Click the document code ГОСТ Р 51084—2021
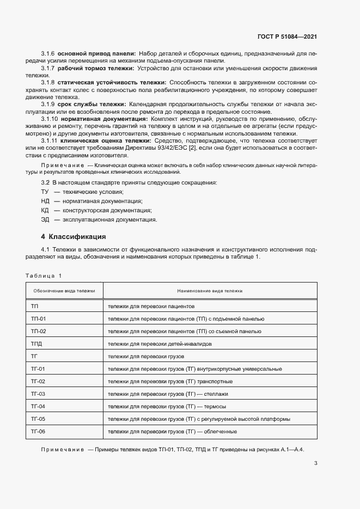click(287, 37)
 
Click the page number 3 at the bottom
click(316, 464)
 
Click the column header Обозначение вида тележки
click(64, 291)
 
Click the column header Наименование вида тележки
click(210, 291)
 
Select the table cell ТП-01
click(39, 318)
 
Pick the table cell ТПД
click(37, 344)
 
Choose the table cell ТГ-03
click(39, 394)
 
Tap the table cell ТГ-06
click(39, 432)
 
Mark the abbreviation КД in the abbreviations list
click(45, 210)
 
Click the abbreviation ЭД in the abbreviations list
click(45, 219)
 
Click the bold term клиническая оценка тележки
click(99, 140)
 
